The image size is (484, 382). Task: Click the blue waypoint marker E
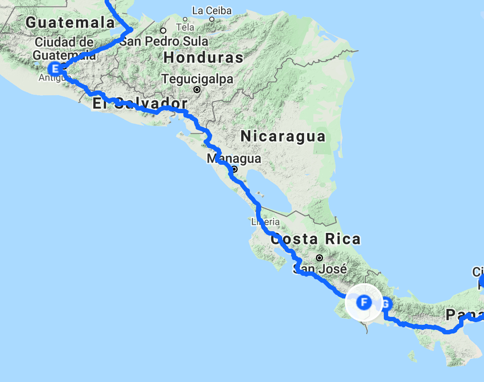point(55,68)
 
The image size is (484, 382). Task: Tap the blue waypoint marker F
point(363,302)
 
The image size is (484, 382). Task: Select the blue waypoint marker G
point(385,303)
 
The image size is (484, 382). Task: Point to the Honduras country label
point(203,57)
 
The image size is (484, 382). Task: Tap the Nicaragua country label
point(283,136)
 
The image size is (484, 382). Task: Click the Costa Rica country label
point(316,239)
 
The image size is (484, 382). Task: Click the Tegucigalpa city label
point(197,79)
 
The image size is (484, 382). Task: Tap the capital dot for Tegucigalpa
point(197,90)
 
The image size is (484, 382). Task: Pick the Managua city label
point(234,158)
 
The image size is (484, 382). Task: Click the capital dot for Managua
point(235,169)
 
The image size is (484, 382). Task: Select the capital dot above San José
point(320,258)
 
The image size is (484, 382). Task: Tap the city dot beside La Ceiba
point(212,19)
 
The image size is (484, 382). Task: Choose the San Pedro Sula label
point(164,42)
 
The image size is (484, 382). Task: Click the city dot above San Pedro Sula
point(163,31)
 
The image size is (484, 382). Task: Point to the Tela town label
point(185,28)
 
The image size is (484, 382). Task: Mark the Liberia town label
point(265,222)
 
